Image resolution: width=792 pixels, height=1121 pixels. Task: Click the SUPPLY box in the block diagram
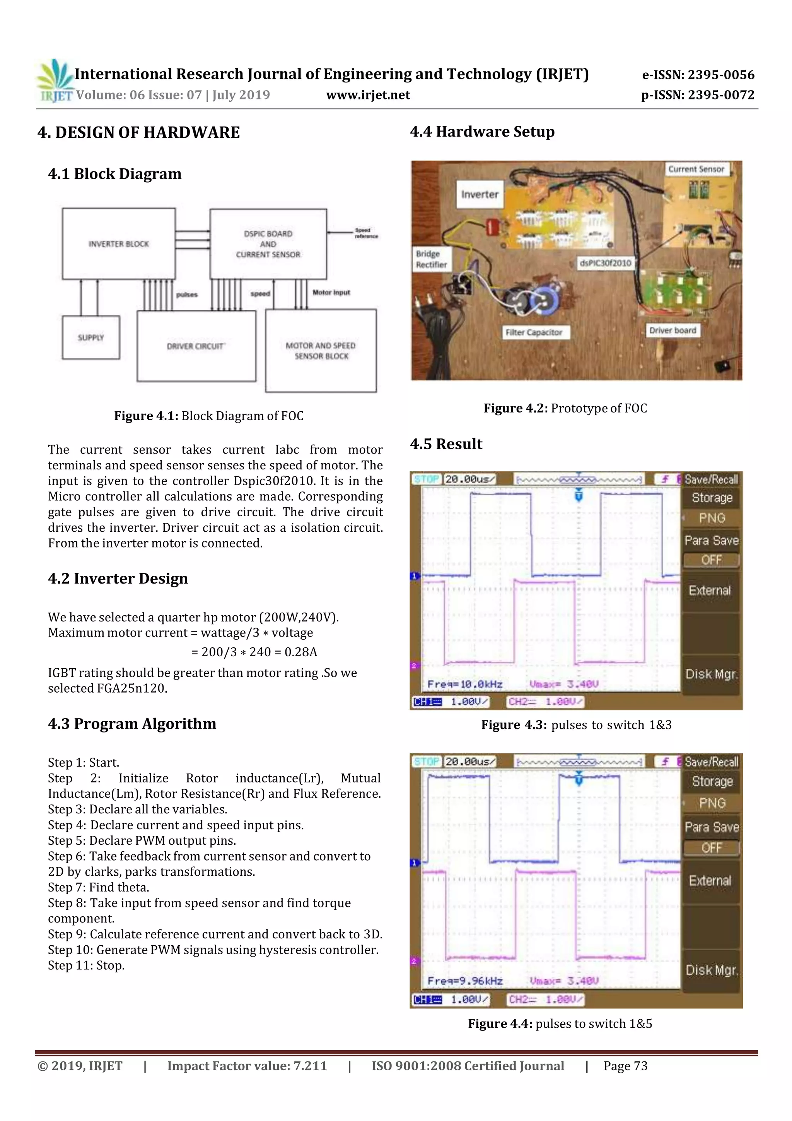(91, 337)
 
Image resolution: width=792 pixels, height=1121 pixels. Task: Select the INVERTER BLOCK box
(119, 244)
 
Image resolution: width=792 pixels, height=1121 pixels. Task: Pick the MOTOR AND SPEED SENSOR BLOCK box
(321, 351)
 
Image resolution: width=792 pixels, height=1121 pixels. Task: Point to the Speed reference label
(365, 233)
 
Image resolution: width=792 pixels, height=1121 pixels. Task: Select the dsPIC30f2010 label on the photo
(605, 263)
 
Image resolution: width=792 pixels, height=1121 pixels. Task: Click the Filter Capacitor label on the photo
(533, 332)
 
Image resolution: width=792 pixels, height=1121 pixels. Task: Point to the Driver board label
(673, 330)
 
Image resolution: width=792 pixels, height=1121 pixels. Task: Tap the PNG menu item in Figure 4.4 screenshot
(712, 803)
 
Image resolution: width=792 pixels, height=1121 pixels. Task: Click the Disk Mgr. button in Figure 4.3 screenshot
(711, 674)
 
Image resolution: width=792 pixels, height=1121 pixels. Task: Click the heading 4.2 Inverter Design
(118, 578)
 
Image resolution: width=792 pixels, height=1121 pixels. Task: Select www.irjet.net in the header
(368, 95)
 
